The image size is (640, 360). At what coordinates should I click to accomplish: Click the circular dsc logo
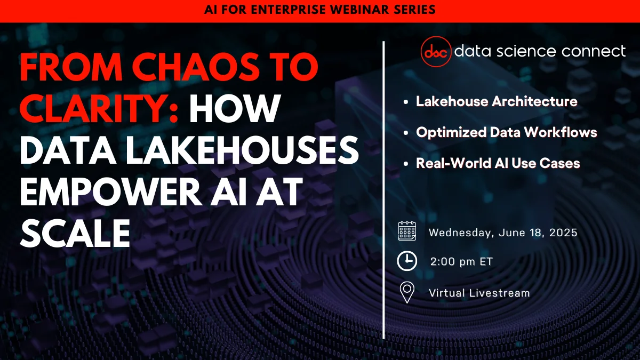[x=436, y=52]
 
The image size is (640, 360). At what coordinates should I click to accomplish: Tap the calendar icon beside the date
[x=407, y=231]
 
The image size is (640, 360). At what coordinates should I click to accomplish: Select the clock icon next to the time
[x=407, y=261]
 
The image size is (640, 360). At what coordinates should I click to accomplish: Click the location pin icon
[x=407, y=292]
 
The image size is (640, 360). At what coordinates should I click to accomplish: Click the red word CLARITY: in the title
[x=99, y=109]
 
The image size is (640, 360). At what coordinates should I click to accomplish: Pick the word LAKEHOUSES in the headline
[x=242, y=150]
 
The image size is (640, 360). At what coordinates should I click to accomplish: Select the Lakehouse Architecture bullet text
[x=497, y=101]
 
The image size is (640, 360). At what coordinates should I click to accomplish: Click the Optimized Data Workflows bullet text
[x=506, y=132]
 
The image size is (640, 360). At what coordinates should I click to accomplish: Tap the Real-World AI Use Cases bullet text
[x=498, y=163]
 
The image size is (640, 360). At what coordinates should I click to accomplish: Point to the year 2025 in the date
[x=563, y=233]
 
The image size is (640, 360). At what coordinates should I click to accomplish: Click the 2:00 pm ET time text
[x=461, y=261]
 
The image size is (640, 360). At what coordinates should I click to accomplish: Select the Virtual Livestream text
[x=479, y=293]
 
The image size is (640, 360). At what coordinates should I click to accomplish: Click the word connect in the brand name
[x=594, y=51]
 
